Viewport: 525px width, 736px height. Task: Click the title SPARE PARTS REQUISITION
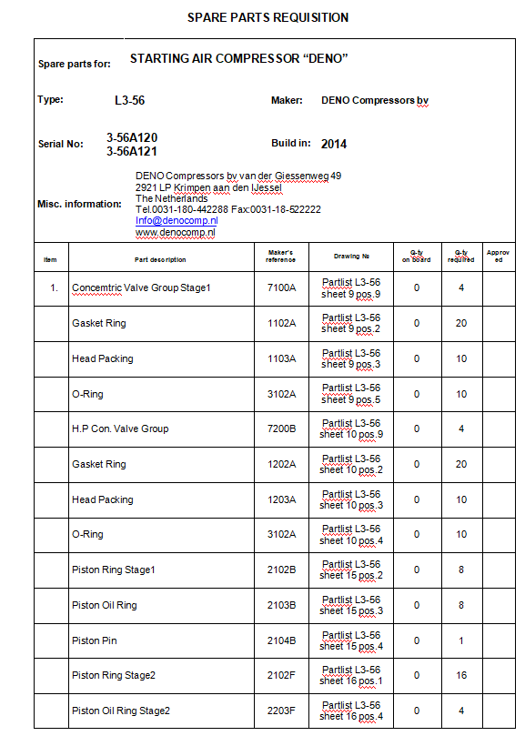[268, 17]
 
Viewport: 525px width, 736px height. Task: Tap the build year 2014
[334, 144]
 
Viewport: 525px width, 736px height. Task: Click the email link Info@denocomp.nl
[177, 221]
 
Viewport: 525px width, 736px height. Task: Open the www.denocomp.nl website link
[176, 233]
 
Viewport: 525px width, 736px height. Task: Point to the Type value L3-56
[128, 100]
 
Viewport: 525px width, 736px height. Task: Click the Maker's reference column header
[281, 256]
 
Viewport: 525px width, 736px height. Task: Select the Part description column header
[160, 259]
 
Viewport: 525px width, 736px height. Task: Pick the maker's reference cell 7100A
[281, 287]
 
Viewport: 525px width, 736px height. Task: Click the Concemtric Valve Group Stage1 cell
[141, 287]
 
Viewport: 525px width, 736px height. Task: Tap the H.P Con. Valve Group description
[120, 428]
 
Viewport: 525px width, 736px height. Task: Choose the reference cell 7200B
[281, 428]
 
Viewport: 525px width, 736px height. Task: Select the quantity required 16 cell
[461, 676]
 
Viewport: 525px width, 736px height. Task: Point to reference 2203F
[281, 711]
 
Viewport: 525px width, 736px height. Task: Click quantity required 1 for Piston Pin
[461, 640]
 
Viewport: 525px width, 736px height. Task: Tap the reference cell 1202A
[281, 464]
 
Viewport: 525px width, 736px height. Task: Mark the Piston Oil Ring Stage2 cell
[121, 711]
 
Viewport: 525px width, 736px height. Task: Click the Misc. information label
[79, 204]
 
